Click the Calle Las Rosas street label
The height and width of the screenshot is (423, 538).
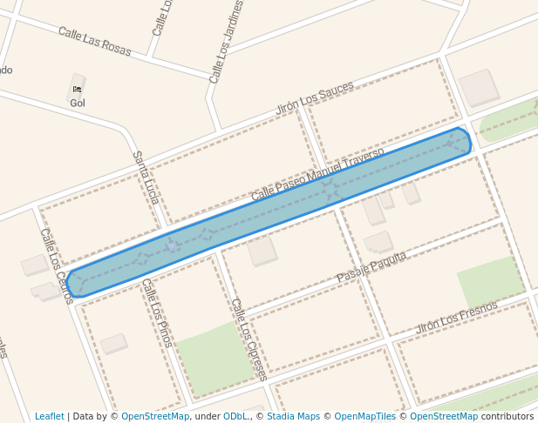tap(95, 41)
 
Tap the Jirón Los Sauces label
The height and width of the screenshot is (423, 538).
tap(315, 98)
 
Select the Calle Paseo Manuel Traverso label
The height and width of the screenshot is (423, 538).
tap(317, 174)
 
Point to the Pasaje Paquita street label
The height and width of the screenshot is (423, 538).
tap(371, 266)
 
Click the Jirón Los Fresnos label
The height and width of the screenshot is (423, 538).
tap(456, 318)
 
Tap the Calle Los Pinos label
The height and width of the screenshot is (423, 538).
tap(156, 312)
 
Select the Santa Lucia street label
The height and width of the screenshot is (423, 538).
tap(145, 178)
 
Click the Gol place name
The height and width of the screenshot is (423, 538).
tap(78, 103)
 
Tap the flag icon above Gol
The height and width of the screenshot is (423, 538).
tap(78, 89)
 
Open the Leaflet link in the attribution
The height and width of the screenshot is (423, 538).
tap(49, 416)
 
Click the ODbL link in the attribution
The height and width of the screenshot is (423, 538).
tap(236, 416)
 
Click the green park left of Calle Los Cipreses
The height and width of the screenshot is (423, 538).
tap(213, 357)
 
